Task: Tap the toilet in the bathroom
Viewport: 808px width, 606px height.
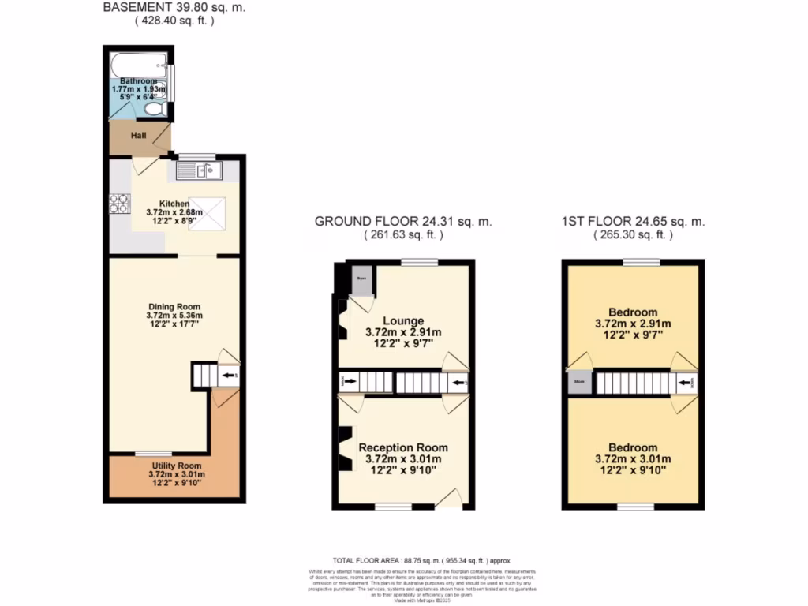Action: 155,108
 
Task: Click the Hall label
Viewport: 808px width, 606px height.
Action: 138,136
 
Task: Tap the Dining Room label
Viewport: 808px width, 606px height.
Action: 174,307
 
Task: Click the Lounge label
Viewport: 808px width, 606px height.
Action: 403,321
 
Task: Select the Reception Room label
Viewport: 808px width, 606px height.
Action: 403,447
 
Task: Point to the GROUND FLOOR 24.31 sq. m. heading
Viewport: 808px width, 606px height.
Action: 403,222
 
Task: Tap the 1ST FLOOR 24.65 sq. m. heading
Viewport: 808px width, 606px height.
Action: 633,222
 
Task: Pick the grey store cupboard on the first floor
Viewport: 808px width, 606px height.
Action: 580,383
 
